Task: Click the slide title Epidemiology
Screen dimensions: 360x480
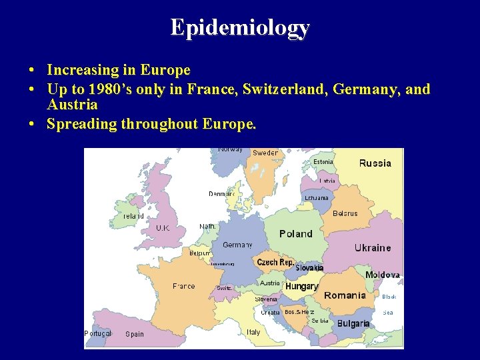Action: click(x=240, y=27)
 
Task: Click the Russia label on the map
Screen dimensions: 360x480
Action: click(x=375, y=163)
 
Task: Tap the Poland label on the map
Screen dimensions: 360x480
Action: click(x=295, y=233)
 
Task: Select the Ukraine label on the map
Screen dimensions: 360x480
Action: click(x=373, y=248)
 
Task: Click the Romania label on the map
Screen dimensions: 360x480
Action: click(x=345, y=295)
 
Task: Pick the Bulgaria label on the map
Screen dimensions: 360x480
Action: click(x=353, y=323)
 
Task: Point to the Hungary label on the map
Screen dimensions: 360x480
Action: click(x=301, y=286)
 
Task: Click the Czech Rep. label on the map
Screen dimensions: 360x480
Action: click(x=275, y=263)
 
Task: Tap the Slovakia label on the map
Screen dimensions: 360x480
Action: click(x=309, y=268)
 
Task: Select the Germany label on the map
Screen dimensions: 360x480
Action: click(x=237, y=245)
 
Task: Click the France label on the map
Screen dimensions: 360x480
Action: click(x=184, y=286)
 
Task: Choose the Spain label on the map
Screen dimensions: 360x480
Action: click(x=135, y=334)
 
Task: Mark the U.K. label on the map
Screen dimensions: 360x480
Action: click(x=163, y=228)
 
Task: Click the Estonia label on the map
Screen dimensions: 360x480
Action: click(x=323, y=162)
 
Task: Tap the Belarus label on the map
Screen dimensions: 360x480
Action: click(x=345, y=214)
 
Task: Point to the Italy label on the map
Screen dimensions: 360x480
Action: click(x=253, y=332)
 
